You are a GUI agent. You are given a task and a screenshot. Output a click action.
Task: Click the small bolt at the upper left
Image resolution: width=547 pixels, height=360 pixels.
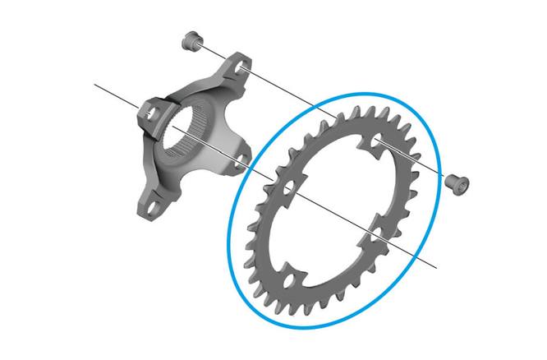[192, 39]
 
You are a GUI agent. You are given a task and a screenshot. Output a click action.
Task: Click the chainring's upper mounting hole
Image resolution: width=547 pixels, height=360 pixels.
[377, 144]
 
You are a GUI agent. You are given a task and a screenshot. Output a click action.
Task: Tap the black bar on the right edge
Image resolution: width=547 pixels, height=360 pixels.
[512, 180]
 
